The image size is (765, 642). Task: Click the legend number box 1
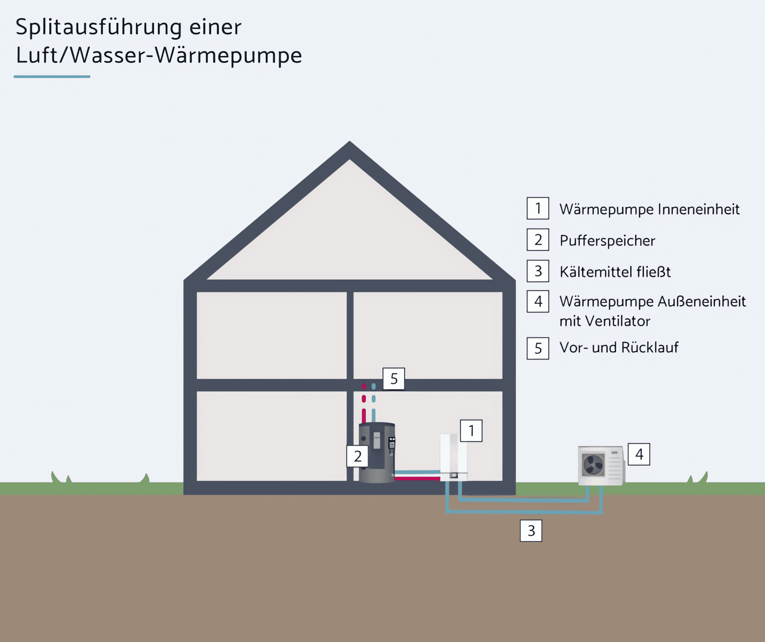click(538, 208)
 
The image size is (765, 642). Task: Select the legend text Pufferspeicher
click(607, 241)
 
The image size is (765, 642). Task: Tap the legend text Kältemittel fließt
click(615, 272)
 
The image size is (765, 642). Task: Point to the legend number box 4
click(538, 301)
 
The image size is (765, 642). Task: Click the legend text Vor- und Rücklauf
click(619, 347)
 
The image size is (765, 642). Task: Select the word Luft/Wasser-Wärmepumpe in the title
click(159, 55)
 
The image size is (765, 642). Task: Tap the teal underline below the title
click(52, 76)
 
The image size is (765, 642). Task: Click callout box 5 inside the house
click(394, 379)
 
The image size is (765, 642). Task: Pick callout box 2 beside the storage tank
click(357, 456)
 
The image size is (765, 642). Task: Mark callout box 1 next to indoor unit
click(471, 431)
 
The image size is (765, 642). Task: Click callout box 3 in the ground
click(531, 531)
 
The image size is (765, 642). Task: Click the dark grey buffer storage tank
click(375, 455)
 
